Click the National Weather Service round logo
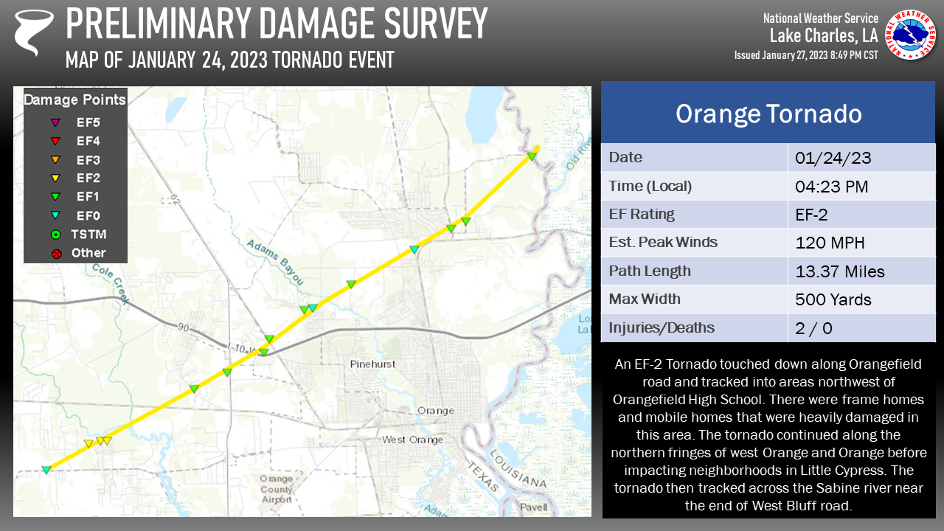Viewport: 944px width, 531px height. coord(910,35)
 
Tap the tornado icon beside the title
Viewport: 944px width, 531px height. coord(34,32)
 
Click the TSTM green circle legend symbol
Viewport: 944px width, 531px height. coord(55,235)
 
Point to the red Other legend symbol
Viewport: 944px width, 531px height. coord(55,254)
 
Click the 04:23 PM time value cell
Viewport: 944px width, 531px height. coord(832,187)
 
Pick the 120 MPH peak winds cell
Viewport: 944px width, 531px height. coord(830,243)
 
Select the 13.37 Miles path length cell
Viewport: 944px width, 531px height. coord(840,271)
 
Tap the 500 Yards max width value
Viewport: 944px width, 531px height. coord(833,299)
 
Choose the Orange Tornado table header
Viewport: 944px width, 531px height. coord(768,114)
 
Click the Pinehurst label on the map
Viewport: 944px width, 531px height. coord(373,364)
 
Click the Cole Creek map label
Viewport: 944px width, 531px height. coord(111,284)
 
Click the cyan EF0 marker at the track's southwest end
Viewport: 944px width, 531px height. coord(46,470)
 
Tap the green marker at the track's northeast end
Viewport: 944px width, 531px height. coord(531,155)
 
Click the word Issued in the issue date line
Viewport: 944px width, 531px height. coord(752,55)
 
